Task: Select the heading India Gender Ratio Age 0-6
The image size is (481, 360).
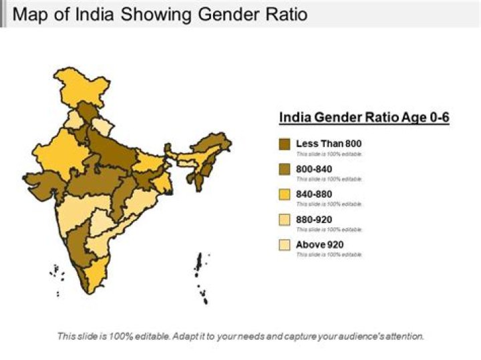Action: [363, 118]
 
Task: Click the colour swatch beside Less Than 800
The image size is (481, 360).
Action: [285, 144]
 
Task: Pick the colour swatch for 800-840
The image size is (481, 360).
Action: [285, 169]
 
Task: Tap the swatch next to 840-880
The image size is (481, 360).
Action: [285, 194]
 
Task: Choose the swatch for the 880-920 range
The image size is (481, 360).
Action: [285, 220]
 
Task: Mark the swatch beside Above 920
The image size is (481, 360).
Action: [285, 245]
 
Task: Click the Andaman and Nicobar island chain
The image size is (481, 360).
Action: [200, 277]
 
